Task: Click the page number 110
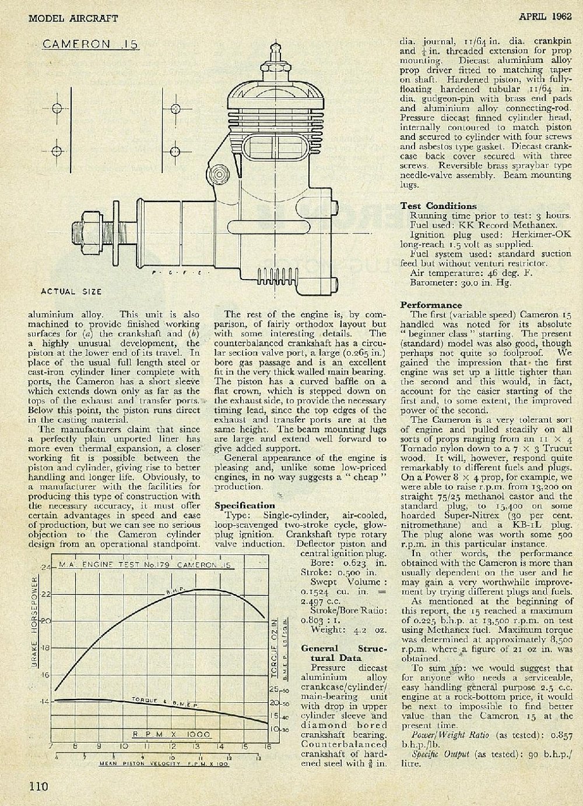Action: tap(38, 786)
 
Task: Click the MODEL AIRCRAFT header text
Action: tap(73, 18)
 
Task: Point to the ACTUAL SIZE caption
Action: tap(71, 291)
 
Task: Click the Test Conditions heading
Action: tap(438, 206)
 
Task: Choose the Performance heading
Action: tap(431, 305)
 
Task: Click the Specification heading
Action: tap(244, 505)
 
